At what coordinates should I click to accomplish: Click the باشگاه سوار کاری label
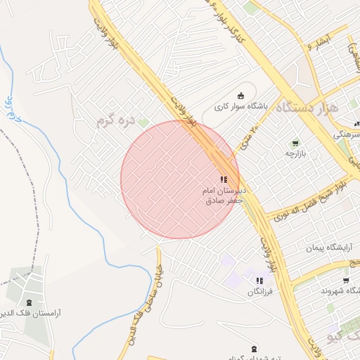[241, 107]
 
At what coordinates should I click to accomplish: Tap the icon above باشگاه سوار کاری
[241, 96]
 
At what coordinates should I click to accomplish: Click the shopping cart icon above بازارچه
[295, 143]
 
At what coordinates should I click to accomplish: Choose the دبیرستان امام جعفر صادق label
[223, 196]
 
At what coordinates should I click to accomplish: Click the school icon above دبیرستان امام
[224, 180]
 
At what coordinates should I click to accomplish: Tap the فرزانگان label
[264, 290]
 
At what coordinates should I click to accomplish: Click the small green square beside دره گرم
[143, 123]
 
